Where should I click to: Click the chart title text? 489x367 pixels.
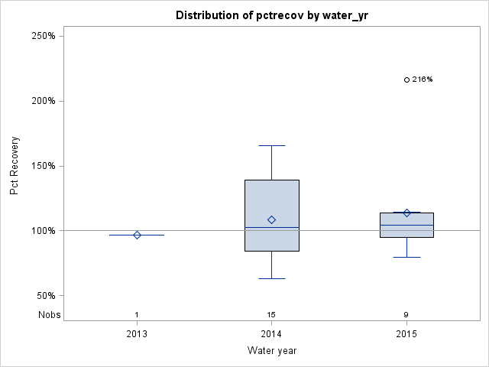point(271,15)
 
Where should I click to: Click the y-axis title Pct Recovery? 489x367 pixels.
point(15,166)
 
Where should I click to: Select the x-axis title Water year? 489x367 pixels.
point(271,351)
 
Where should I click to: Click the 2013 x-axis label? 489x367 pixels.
point(137,334)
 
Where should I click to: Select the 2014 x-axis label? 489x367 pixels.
point(271,334)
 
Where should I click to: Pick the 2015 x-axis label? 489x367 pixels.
point(406,334)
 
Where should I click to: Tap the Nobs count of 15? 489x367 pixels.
point(271,314)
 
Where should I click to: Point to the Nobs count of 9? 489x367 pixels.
point(406,314)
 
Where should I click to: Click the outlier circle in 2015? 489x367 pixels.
point(406,80)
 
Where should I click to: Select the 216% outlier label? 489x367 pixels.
point(423,80)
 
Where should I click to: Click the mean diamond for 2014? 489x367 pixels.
point(271,220)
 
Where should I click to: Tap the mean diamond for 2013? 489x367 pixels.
point(137,235)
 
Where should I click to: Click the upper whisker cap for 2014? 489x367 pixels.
point(271,145)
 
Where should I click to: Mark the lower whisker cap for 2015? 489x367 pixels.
point(406,257)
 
